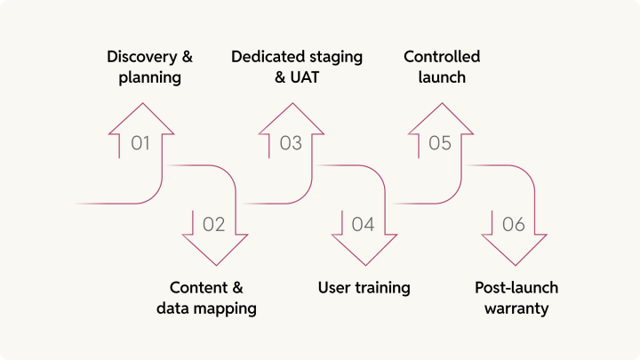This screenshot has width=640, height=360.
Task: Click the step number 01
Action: [x=140, y=143]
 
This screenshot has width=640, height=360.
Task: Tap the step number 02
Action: [x=214, y=225]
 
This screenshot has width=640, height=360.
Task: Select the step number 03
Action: [x=291, y=143]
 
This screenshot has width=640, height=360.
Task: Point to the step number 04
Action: [x=363, y=225]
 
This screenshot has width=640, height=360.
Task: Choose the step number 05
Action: [x=440, y=143]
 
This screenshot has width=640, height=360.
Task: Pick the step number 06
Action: [x=514, y=225]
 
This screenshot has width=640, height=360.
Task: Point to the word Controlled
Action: [x=442, y=57]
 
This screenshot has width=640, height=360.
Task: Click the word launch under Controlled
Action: [x=442, y=77]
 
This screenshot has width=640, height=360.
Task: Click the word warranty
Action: [x=517, y=308]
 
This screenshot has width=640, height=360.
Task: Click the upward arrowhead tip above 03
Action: [x=292, y=104]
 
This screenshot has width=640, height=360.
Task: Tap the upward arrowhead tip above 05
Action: [x=441, y=104]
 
